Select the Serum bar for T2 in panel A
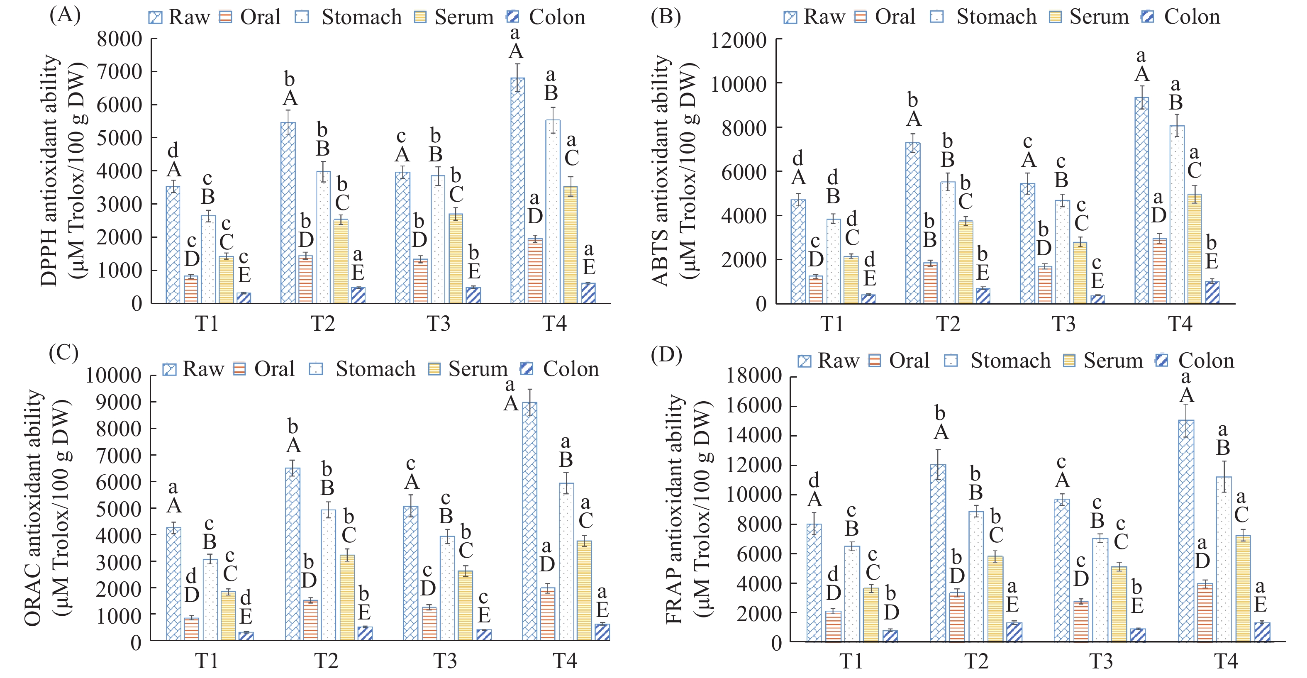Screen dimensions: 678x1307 [341, 261]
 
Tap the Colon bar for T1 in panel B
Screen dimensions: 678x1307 [868, 299]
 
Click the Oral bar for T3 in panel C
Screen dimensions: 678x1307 [429, 624]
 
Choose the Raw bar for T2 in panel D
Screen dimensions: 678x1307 [938, 553]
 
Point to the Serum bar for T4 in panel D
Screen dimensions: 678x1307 [1243, 588]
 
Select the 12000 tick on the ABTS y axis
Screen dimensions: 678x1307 [738, 40]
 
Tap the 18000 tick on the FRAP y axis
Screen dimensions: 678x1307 [753, 376]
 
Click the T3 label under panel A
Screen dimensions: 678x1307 [439, 323]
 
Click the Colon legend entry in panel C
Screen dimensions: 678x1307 [560, 369]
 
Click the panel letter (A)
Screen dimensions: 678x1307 [64, 15]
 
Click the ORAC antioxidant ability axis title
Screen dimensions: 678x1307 [33, 507]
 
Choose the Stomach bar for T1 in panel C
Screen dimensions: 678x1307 [210, 599]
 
